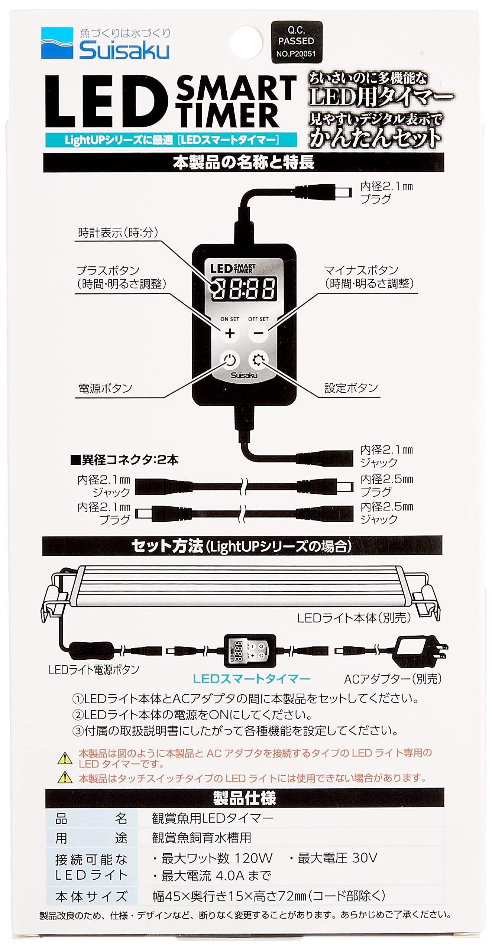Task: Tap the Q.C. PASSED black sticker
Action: pos(296,42)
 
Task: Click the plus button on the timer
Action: pos(230,333)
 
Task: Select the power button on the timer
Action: pos(230,360)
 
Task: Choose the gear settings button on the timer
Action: pos(258,360)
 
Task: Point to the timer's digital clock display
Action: pos(244,288)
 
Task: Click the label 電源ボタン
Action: pos(106,389)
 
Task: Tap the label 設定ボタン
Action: pos(351,388)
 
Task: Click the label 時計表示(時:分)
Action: pos(118,233)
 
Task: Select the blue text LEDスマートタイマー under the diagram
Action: pos(251,679)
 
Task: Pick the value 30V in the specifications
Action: pos(365,858)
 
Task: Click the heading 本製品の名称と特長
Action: pos(243,163)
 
